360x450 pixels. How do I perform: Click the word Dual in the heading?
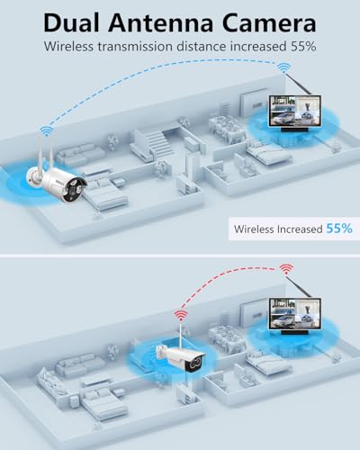click(x=71, y=22)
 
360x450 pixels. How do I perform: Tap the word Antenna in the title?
click(x=160, y=23)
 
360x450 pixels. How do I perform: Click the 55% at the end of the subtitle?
click(x=303, y=47)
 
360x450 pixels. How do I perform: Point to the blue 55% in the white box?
click(x=339, y=229)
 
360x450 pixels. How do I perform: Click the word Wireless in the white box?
click(x=254, y=229)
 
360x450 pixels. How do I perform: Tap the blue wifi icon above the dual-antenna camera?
click(x=46, y=130)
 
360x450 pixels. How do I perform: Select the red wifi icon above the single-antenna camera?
click(x=181, y=316)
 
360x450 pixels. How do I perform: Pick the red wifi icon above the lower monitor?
click(x=286, y=269)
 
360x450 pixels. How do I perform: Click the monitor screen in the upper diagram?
click(x=295, y=111)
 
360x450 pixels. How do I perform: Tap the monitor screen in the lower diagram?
click(x=295, y=314)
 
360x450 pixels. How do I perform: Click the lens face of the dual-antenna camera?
click(x=77, y=189)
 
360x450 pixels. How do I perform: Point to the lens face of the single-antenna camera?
click(x=194, y=364)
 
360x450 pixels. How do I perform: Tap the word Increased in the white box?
click(x=300, y=229)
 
